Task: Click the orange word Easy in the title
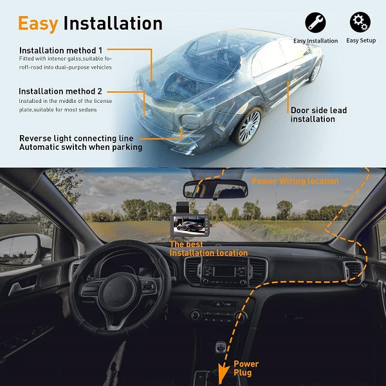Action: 38,23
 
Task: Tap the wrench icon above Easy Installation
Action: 315,23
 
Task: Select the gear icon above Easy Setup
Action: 360,22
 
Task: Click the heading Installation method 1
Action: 60,50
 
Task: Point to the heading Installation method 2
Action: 60,91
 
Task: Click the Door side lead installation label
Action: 318,115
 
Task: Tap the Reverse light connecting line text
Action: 76,138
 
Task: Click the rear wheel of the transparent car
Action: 250,127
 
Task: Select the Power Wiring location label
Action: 295,181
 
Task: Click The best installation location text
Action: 208,249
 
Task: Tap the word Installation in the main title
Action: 113,23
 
